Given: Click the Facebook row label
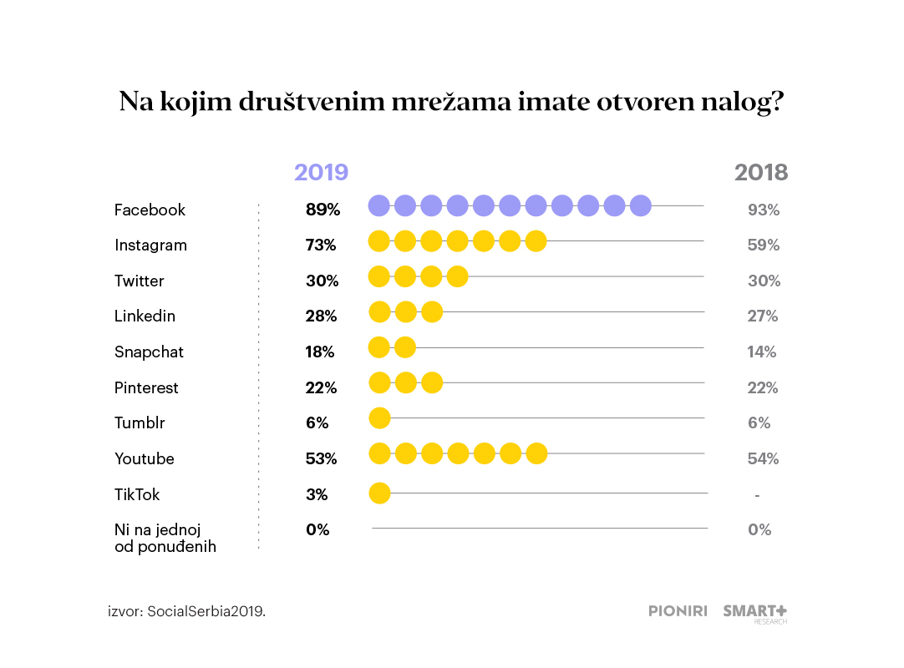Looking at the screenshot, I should pyautogui.click(x=150, y=210).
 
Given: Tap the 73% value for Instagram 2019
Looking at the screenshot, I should pyautogui.click(x=321, y=245).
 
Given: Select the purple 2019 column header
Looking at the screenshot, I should pyautogui.click(x=321, y=173).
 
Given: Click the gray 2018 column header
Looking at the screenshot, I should pyautogui.click(x=760, y=173).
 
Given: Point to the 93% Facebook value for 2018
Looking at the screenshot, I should pyautogui.click(x=763, y=210).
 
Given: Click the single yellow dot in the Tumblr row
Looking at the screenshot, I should pyautogui.click(x=379, y=417).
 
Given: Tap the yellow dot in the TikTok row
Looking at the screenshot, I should pyautogui.click(x=379, y=493).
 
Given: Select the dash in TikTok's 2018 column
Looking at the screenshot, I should pyautogui.click(x=757, y=495).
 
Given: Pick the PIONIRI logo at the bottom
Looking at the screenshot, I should pyautogui.click(x=678, y=611).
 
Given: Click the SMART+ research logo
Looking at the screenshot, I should pyautogui.click(x=755, y=612).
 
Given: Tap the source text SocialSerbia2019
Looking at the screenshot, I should pyautogui.click(x=206, y=611).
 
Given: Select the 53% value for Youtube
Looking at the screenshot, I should pyautogui.click(x=321, y=458).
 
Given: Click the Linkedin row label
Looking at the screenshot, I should pyautogui.click(x=145, y=316).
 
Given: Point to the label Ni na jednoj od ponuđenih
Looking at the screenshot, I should pyautogui.click(x=165, y=538).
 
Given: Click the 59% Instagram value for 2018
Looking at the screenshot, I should pyautogui.click(x=763, y=245).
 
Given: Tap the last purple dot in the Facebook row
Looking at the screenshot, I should pyautogui.click(x=641, y=205).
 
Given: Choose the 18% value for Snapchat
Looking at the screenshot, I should pyautogui.click(x=320, y=352).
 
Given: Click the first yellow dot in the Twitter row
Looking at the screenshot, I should pyautogui.click(x=379, y=276).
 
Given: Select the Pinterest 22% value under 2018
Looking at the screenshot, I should pyautogui.click(x=762, y=387).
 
